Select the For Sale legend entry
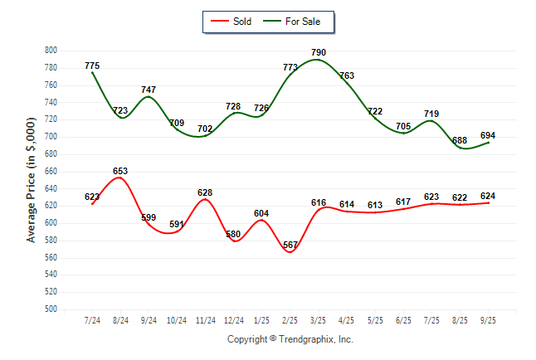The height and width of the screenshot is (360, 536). (297, 22)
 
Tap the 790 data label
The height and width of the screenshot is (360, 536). (319, 52)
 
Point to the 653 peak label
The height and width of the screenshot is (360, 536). (120, 171)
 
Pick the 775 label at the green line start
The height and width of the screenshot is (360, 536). (92, 66)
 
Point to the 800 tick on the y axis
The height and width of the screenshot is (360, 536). (51, 51)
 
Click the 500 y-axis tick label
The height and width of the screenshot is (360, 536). (51, 309)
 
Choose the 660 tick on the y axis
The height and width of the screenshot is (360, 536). (51, 172)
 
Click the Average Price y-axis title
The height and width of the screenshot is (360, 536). (32, 180)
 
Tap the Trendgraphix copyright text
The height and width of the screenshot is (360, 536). (290, 339)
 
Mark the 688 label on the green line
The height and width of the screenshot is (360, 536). (459, 141)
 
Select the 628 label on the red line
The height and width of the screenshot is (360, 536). (205, 192)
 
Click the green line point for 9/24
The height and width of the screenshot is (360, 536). (149, 97)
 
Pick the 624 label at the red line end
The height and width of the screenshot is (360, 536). (487, 196)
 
